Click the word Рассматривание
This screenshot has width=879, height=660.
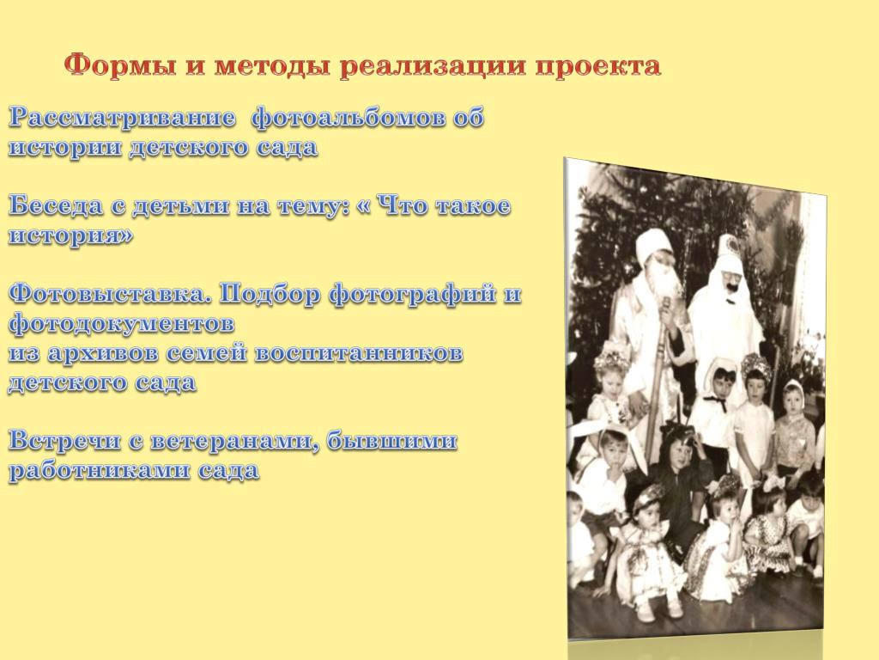click(122, 119)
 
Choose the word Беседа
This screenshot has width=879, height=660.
click(56, 206)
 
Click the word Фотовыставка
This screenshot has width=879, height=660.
click(111, 294)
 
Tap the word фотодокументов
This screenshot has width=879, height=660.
click(122, 323)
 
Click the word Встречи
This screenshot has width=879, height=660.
click(64, 441)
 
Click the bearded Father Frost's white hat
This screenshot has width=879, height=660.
click(653, 246)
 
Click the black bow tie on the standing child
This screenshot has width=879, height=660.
click(714, 401)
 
